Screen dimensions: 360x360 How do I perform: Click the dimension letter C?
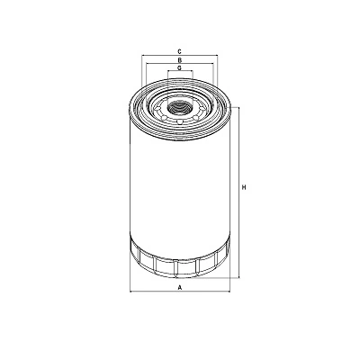[x=180, y=51]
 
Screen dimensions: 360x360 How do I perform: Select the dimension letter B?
[x=180, y=60]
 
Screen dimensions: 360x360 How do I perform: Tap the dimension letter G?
[x=180, y=68]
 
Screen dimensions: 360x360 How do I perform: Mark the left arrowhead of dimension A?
[x=131, y=292]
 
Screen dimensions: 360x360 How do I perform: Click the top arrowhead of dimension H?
[x=239, y=108]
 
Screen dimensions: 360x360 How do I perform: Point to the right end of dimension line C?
[x=216, y=56]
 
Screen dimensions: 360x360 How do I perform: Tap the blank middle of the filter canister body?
[x=180, y=180]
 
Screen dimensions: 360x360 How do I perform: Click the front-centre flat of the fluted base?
[x=180, y=266]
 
